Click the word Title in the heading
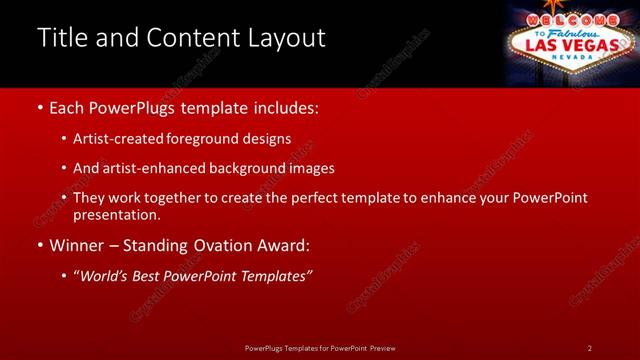(x=61, y=38)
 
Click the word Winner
(x=79, y=244)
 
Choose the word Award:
(x=284, y=244)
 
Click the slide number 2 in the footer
(x=590, y=348)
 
